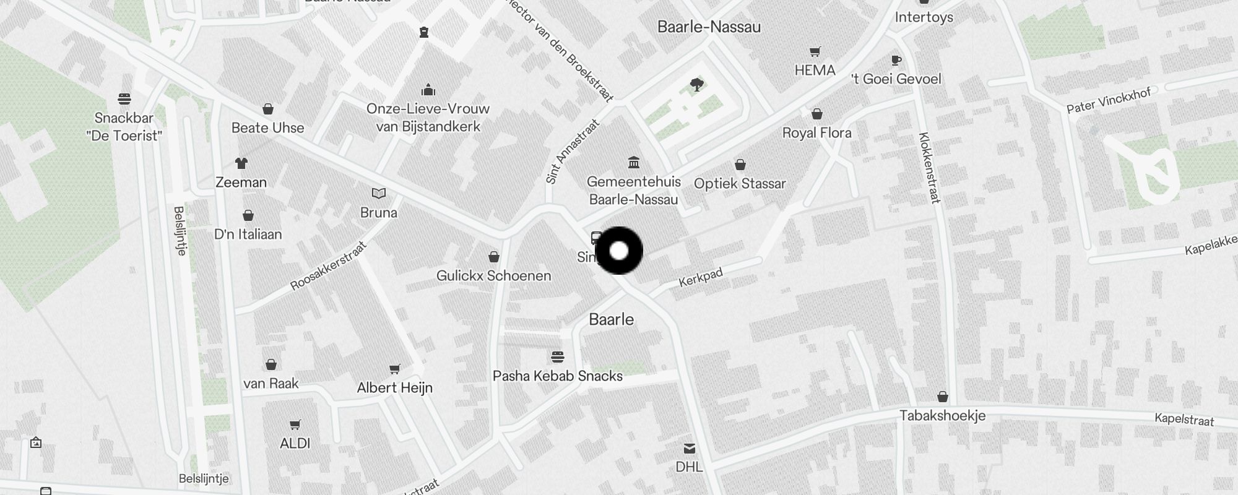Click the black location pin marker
pos(619,251)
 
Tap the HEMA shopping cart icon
pos(815,52)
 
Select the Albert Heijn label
pos(395,388)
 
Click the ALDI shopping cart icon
pos(295,425)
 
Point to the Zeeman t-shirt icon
pos(241,163)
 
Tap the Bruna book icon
pos(379,194)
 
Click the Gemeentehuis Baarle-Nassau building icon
pos(633,163)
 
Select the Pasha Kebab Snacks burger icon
pos(558,357)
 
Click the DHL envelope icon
pos(690,449)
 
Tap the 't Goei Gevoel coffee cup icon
pos(896,60)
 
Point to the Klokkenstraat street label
pos(930,168)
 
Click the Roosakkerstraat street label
pos(329,266)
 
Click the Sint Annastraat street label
pos(573,152)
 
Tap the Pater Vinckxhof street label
pos(1108,100)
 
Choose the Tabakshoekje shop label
pos(942,416)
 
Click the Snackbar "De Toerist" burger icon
pos(124,99)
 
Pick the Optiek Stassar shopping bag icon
pos(740,165)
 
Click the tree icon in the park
pos(697,85)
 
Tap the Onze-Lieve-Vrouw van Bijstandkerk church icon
pos(428,90)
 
